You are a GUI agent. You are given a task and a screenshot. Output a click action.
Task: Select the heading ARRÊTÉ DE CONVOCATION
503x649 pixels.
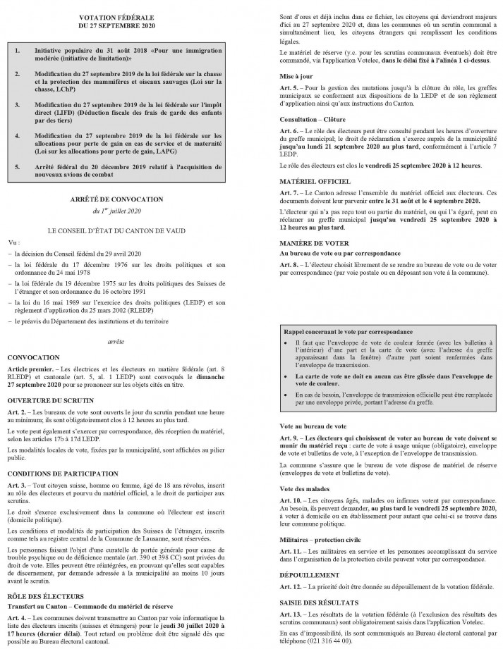click(x=126, y=199)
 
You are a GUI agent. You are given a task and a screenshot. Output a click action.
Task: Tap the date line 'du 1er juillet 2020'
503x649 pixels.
click(x=126, y=211)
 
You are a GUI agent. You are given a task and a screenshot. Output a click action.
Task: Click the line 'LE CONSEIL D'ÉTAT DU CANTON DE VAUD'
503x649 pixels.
click(x=126, y=230)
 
